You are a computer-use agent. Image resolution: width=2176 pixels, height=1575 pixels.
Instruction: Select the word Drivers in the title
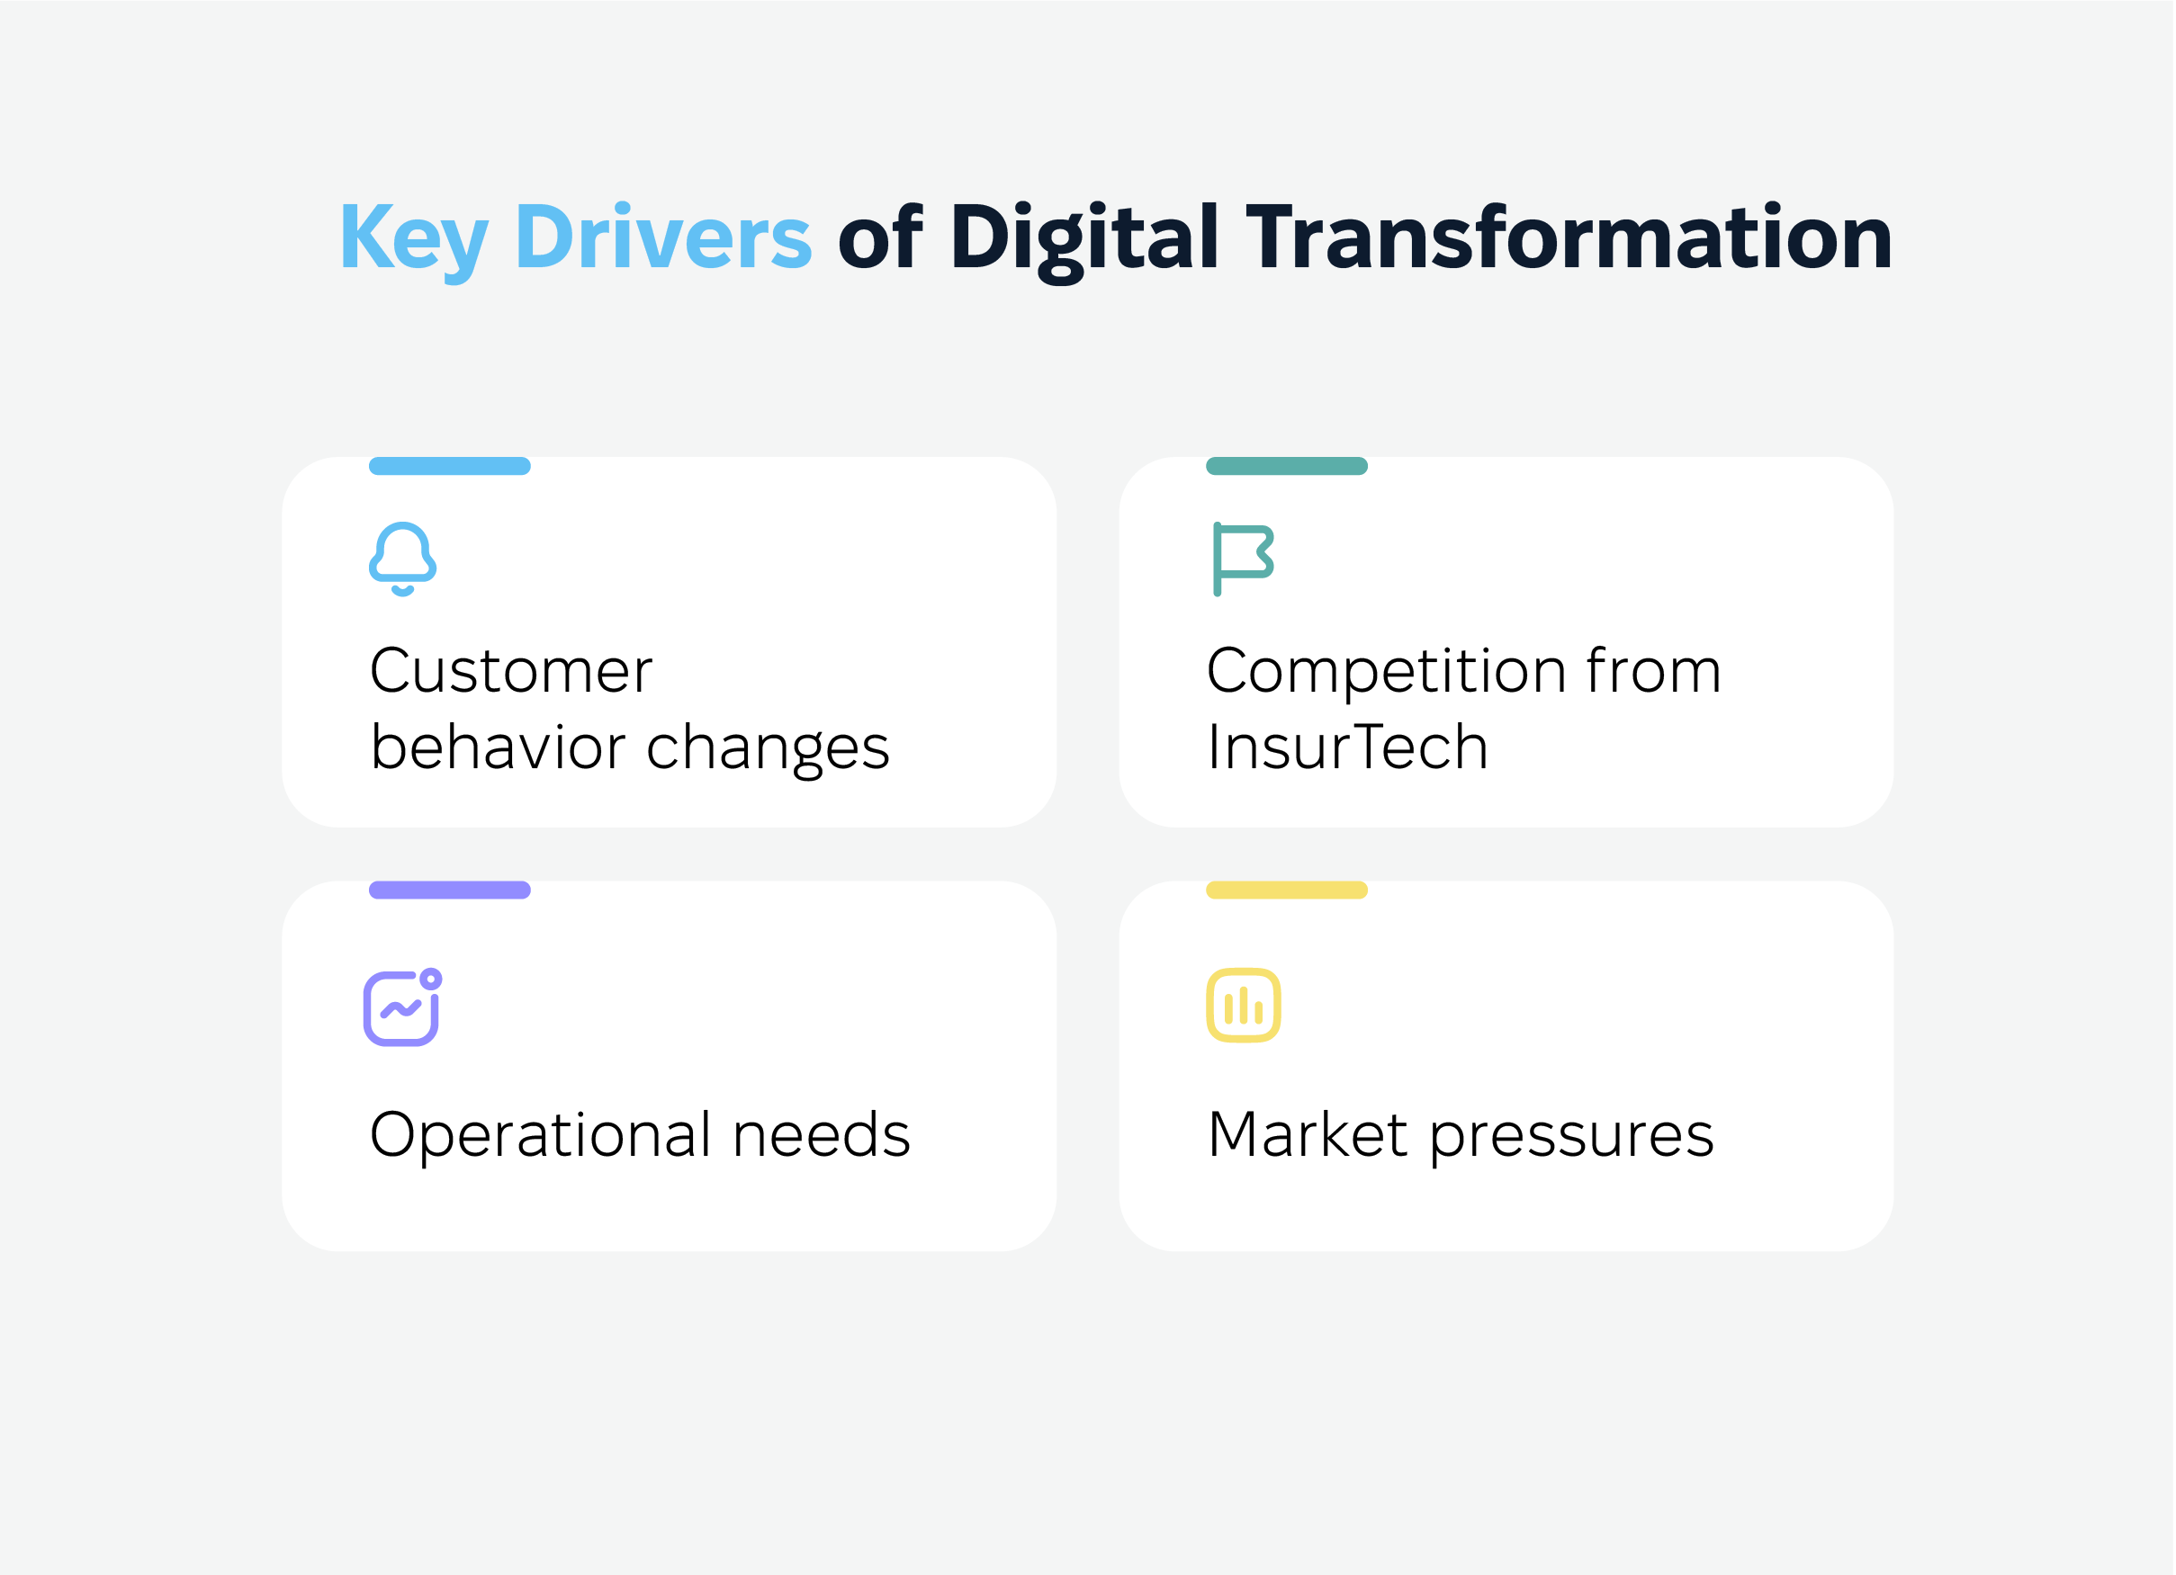tap(663, 236)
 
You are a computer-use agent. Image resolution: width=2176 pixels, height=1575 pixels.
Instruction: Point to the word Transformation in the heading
tap(1569, 236)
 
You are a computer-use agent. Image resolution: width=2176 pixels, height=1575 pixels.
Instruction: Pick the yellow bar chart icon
tap(1244, 1006)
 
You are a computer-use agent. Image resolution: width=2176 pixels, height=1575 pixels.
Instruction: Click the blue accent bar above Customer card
tap(450, 466)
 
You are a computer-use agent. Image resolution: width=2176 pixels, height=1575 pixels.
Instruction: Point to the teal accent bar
tap(1287, 466)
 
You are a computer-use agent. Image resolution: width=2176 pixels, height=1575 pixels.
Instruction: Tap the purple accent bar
tap(450, 890)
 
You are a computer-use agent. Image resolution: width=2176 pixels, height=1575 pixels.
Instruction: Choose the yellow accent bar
tap(1287, 890)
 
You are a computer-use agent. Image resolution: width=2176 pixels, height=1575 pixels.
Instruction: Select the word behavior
tap(499, 747)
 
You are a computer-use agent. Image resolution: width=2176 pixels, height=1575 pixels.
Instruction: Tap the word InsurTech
tap(1348, 747)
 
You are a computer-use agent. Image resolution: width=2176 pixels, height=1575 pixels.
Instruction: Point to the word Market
tap(1308, 1133)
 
